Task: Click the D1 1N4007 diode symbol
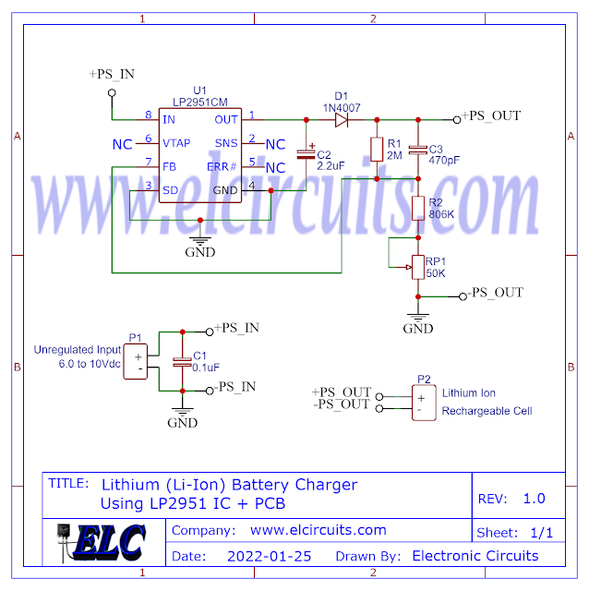click(x=342, y=119)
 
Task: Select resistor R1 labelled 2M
click(x=377, y=148)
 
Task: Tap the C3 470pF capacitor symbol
click(x=417, y=149)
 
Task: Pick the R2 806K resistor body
click(x=417, y=208)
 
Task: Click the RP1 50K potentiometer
click(x=417, y=266)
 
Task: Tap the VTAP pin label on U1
click(x=176, y=143)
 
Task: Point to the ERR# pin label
click(x=222, y=167)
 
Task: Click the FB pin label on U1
click(x=169, y=167)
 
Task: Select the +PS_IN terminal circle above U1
click(x=113, y=92)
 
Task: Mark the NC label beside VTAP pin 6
click(x=122, y=144)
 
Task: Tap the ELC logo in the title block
click(x=103, y=542)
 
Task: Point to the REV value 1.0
click(x=534, y=499)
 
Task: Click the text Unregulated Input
click(x=77, y=350)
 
